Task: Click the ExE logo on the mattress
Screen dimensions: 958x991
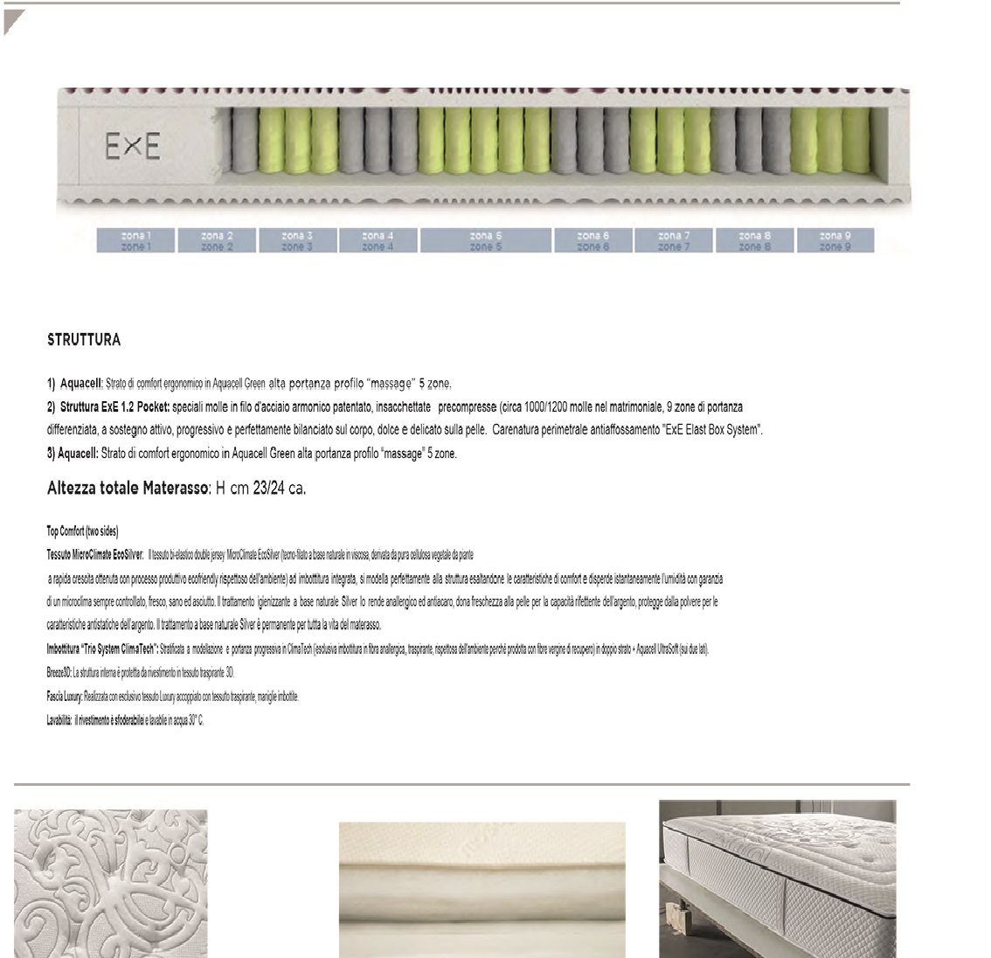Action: click(133, 147)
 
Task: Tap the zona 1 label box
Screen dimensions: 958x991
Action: click(135, 240)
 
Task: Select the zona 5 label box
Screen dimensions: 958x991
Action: click(486, 240)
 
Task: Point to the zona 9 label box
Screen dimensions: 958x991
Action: click(835, 240)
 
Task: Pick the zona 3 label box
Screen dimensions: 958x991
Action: click(297, 240)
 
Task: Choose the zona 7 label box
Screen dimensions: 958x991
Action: click(674, 240)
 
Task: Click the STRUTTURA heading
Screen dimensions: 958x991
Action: click(84, 340)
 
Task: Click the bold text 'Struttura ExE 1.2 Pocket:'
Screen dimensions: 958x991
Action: click(115, 407)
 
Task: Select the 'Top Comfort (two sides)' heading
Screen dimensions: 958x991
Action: click(83, 531)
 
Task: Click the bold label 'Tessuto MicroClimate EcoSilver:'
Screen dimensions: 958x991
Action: click(95, 554)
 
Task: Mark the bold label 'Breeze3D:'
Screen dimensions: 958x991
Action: click(59, 673)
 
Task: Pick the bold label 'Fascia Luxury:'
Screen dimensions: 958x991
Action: click(65, 697)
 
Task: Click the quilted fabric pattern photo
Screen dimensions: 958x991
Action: click(111, 883)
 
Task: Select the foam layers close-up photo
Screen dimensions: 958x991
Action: click(482, 890)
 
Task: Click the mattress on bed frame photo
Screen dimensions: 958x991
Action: click(777, 878)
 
